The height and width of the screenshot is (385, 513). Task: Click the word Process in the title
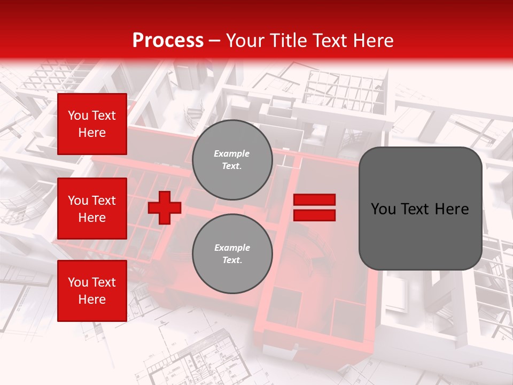click(168, 41)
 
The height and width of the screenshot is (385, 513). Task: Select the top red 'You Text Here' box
click(92, 124)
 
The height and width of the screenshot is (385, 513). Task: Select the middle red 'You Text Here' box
click(92, 209)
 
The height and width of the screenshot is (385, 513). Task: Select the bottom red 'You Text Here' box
click(92, 291)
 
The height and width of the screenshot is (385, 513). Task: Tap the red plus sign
click(165, 207)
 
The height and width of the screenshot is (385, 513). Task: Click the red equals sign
click(314, 207)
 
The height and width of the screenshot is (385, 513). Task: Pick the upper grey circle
click(232, 160)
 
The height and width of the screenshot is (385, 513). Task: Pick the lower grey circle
click(232, 254)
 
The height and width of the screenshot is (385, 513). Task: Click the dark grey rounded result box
click(420, 208)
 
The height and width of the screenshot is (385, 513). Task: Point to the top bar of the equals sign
click(314, 200)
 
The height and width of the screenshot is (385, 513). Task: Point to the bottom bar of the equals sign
click(314, 215)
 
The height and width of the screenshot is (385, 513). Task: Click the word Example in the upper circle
click(232, 154)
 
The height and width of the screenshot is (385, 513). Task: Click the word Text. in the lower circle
click(232, 260)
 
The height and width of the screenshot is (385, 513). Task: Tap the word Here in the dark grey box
click(451, 209)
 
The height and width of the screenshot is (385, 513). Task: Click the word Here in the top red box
click(92, 133)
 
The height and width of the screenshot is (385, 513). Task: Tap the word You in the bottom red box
click(78, 282)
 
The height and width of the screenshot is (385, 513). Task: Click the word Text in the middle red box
click(104, 201)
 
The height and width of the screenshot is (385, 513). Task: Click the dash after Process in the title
click(215, 41)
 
